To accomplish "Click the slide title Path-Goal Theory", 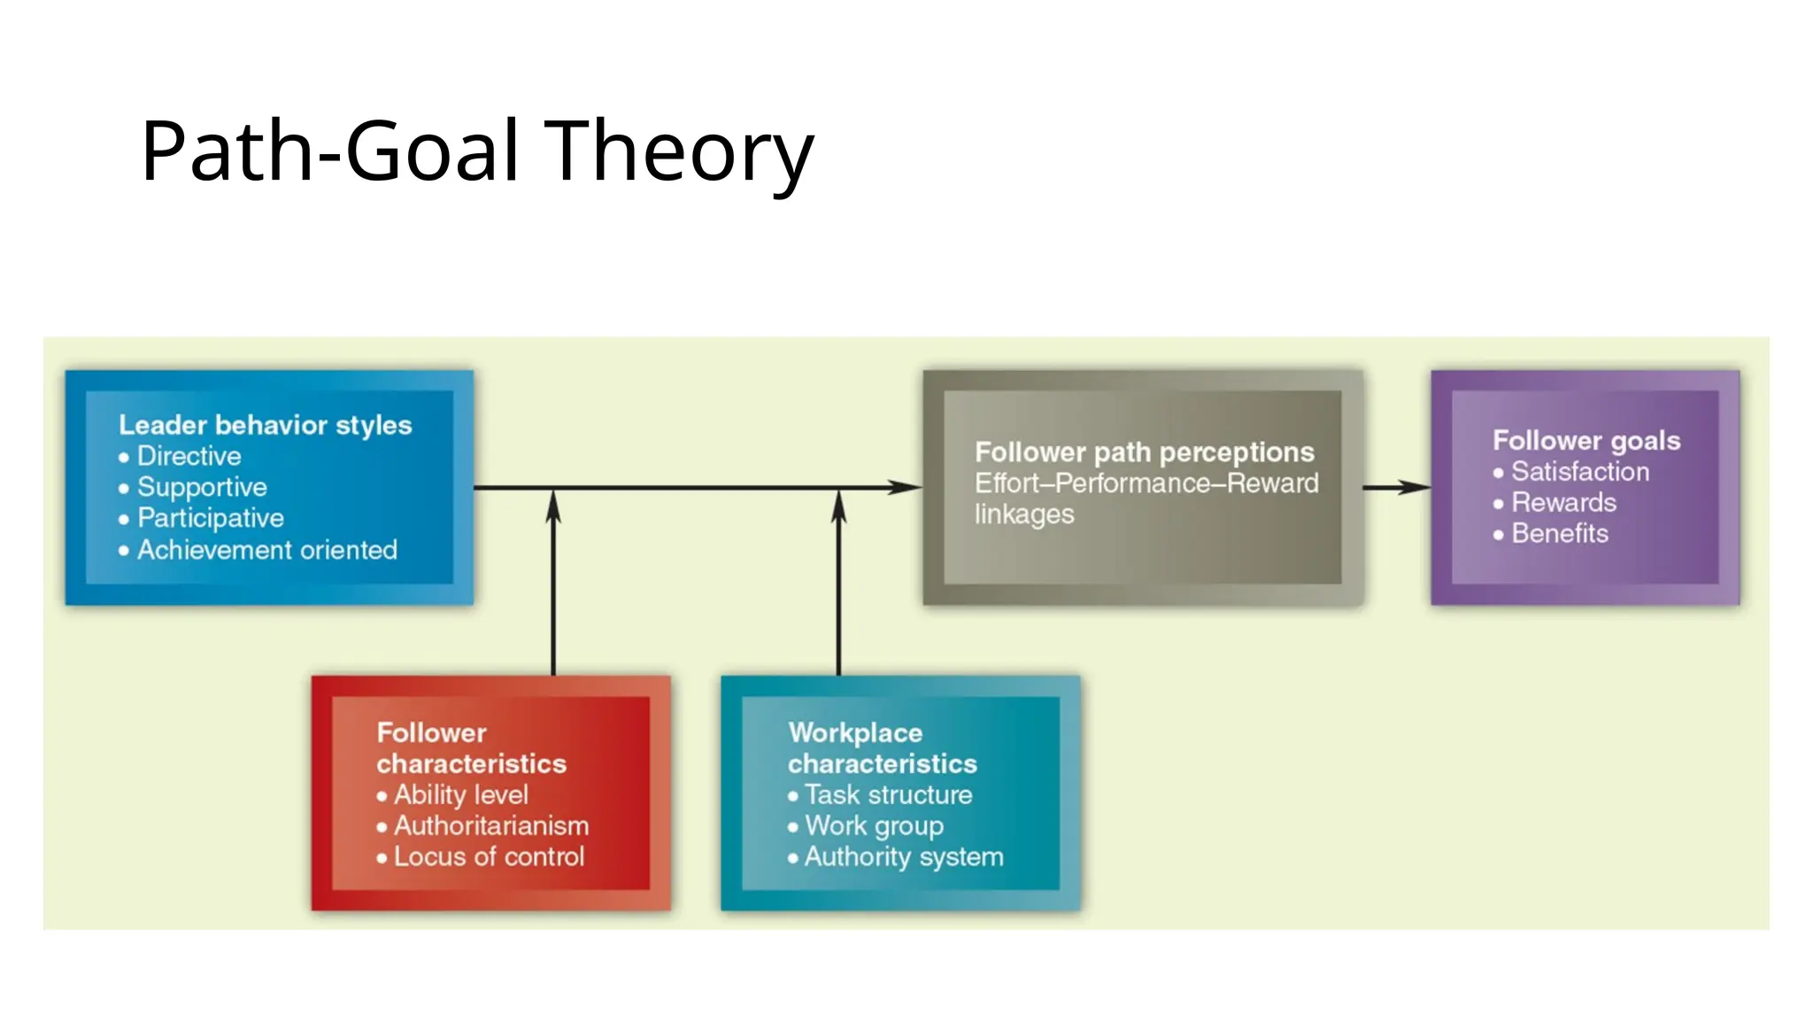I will [476, 151].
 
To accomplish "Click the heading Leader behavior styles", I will [265, 425].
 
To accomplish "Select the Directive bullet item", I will [189, 456].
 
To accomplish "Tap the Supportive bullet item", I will [202, 487].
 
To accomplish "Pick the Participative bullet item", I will [210, 518].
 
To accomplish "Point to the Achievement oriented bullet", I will [266, 550].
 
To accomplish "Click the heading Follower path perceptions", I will [1144, 452].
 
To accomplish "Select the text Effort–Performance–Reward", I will [1146, 483].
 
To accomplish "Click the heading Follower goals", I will [1585, 440].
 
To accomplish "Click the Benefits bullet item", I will [1559, 533].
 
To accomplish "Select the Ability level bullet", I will [460, 794].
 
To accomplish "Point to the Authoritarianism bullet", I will [490, 825].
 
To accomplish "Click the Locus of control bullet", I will [489, 856].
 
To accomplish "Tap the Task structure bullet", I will [888, 794].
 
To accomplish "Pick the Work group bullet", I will [874, 825].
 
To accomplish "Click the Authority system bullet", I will [903, 856].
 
